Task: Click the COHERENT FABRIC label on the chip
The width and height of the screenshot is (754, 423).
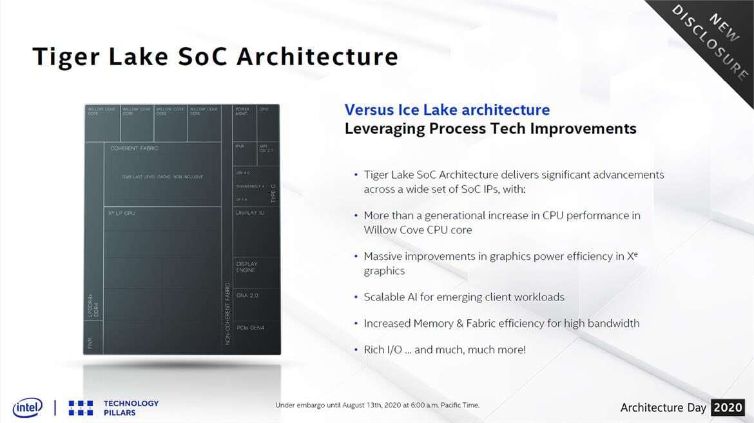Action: tap(134, 148)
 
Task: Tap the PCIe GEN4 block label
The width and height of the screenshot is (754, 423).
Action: tap(251, 328)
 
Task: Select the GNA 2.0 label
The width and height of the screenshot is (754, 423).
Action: tap(247, 295)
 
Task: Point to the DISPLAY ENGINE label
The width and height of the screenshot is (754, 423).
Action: tap(247, 267)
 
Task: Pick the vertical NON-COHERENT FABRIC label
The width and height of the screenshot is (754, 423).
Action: tap(227, 313)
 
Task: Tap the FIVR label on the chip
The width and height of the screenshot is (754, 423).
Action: tap(90, 342)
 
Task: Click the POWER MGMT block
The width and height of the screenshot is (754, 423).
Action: tap(242, 111)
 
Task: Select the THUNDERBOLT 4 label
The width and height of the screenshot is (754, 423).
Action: tap(250, 186)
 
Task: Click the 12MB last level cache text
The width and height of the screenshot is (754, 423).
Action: tap(161, 177)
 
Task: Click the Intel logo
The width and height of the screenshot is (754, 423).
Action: tap(28, 408)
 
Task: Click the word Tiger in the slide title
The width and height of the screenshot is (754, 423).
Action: tap(68, 57)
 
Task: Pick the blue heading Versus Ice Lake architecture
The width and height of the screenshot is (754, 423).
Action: tap(447, 110)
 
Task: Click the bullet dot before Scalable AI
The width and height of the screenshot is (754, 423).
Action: tap(356, 297)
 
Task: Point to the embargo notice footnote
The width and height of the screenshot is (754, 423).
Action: tap(377, 405)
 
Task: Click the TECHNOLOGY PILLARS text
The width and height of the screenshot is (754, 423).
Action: tap(131, 408)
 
